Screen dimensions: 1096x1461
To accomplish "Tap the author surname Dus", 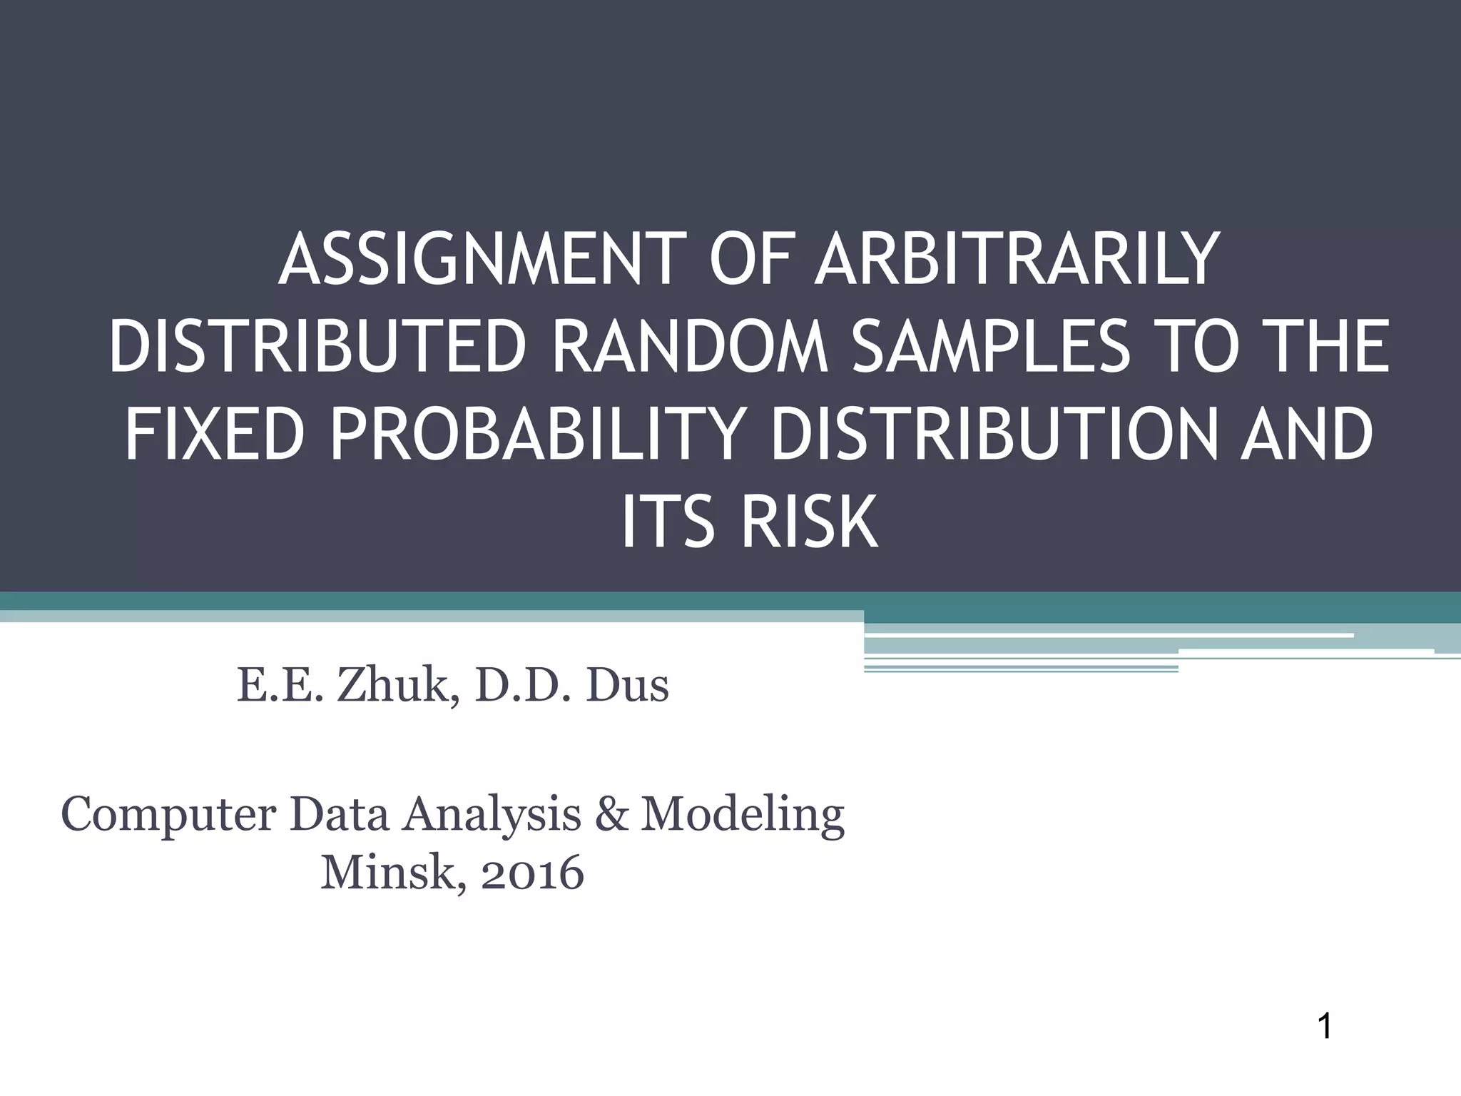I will click(x=627, y=686).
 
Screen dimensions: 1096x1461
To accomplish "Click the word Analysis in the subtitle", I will click(x=492, y=815).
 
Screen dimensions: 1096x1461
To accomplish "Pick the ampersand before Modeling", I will click(x=610, y=815).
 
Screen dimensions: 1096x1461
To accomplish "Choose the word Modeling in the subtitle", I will click(x=742, y=815).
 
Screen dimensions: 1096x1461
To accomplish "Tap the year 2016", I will click(x=532, y=873).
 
